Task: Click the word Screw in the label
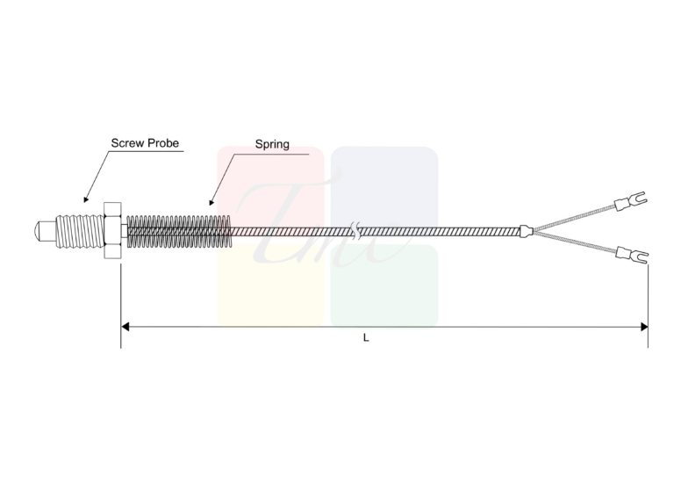coord(127,143)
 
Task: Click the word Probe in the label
coord(163,143)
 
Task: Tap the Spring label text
coord(272,145)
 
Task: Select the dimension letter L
coord(366,337)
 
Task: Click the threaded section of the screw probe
coord(80,232)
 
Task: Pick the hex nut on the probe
coord(112,230)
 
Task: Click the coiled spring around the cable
coord(179,231)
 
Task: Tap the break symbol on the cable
coord(355,231)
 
